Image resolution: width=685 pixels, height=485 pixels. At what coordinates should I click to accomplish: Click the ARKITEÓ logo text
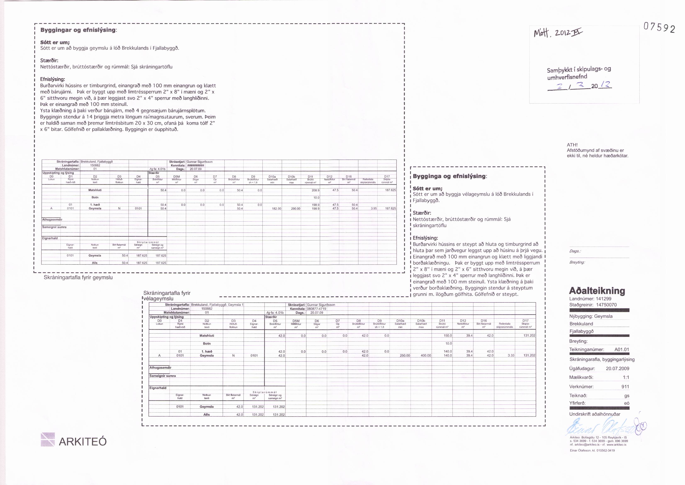click(x=83, y=441)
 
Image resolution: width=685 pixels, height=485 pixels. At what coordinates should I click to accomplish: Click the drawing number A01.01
click(x=622, y=349)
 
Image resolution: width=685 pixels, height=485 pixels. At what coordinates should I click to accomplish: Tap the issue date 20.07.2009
click(x=617, y=369)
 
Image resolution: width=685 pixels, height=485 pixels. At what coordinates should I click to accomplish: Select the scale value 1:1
click(x=626, y=378)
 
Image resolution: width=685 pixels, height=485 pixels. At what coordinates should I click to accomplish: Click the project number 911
click(x=625, y=387)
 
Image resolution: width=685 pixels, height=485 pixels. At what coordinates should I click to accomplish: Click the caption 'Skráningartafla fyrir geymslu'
click(x=78, y=277)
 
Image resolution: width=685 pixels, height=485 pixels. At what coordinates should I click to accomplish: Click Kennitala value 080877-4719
click(x=317, y=309)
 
